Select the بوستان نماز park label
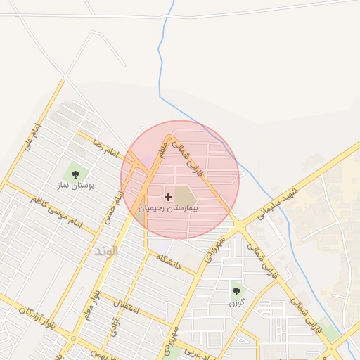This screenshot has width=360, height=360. tap(76, 186)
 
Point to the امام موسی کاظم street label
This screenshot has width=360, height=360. tap(56, 212)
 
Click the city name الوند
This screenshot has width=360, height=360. tap(106, 250)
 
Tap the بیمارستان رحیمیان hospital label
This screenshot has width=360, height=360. tap(168, 209)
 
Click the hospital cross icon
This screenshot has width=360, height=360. tap(168, 198)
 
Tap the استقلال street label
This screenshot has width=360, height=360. tap(131, 307)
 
